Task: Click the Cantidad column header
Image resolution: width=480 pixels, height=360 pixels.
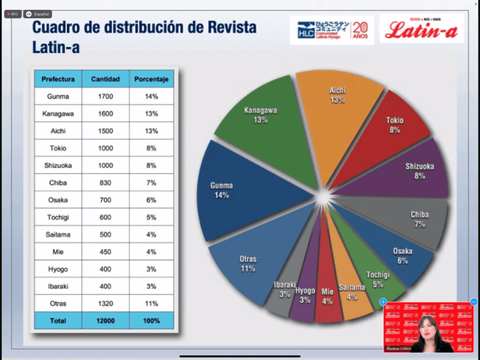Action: point(105,79)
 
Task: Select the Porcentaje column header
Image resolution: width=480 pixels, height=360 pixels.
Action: point(151,79)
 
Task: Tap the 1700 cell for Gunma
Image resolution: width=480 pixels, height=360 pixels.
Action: point(105,97)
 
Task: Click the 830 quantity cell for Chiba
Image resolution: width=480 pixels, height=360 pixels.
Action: point(105,183)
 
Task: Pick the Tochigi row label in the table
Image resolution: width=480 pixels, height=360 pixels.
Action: point(58,217)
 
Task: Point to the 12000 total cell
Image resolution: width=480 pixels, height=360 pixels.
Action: point(105,321)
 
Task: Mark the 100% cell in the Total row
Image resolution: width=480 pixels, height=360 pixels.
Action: point(151,321)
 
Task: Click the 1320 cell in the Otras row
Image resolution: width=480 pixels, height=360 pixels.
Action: point(105,303)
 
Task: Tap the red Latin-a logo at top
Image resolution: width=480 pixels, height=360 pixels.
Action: point(421,30)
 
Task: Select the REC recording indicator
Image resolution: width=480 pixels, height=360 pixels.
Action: point(13,14)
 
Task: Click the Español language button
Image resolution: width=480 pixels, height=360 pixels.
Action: point(38,14)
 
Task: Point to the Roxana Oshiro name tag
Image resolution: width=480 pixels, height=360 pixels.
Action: point(399,349)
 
